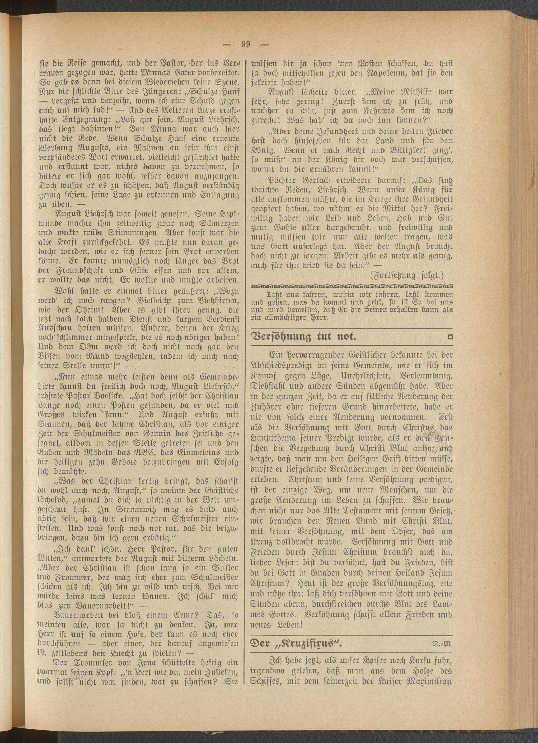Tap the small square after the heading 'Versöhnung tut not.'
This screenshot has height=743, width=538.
pos(450,336)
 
